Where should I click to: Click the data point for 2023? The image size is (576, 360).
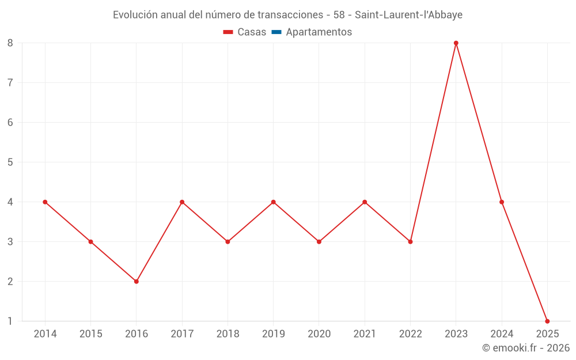456,43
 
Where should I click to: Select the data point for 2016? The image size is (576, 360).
137,282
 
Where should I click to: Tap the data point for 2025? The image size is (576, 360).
547,321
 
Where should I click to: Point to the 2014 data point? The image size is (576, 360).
45,202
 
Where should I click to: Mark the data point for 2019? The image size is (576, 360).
274,202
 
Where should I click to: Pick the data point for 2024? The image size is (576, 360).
502,202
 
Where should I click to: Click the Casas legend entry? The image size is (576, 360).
245,32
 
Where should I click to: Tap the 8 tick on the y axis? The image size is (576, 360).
10,43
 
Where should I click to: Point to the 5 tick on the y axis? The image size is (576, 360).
10,162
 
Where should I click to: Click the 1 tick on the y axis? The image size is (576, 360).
10,321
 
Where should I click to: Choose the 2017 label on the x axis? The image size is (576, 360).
182,334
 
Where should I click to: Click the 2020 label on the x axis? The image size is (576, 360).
319,334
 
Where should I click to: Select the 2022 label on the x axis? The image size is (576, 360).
410,334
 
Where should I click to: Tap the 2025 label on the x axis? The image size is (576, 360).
547,334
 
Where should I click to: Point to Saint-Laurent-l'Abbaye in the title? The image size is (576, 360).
408,15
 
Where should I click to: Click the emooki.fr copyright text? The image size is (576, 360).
526,348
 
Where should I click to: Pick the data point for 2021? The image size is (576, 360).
365,202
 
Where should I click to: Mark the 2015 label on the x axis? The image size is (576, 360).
90,334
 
